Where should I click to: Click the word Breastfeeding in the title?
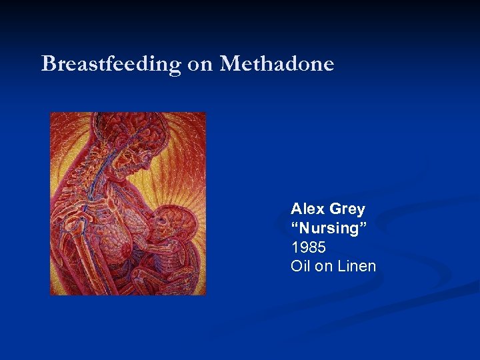111,65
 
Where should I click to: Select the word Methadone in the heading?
277,65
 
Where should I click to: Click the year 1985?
309,247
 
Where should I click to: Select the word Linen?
357,266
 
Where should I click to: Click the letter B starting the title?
48,65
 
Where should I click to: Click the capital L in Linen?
341,266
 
